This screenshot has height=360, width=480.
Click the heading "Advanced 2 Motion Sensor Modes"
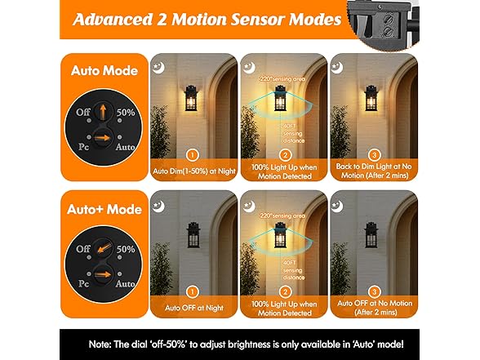tap(206, 20)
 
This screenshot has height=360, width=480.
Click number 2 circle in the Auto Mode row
tap(285, 153)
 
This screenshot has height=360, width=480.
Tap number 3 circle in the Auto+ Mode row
tap(373, 290)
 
